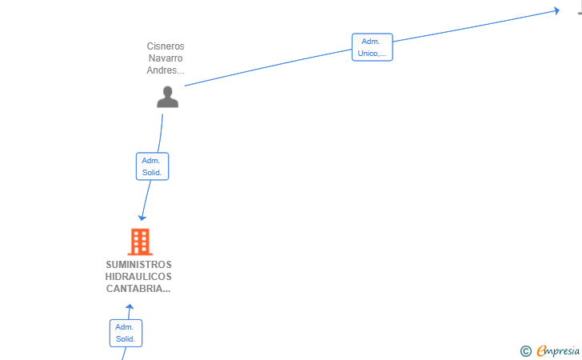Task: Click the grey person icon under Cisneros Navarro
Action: [x=167, y=97]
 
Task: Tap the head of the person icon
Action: [x=167, y=91]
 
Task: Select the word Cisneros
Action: [x=165, y=46]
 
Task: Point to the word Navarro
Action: [x=165, y=58]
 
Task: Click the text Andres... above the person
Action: [x=165, y=70]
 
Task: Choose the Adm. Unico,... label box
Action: [x=373, y=47]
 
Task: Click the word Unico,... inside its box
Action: [x=372, y=53]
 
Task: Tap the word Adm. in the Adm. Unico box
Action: [x=371, y=42]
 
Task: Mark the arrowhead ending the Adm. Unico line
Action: [x=556, y=10]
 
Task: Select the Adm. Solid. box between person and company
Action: [x=152, y=166]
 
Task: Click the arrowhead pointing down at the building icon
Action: [x=142, y=218]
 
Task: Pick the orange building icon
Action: [x=140, y=242]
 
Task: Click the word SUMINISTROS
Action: [x=139, y=265]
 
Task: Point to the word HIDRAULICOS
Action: [x=138, y=277]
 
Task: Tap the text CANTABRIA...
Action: [x=138, y=288]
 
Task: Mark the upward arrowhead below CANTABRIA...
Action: [x=130, y=307]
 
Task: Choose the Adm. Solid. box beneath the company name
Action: [x=126, y=334]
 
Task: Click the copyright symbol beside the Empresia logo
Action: [x=525, y=351]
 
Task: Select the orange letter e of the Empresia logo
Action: [x=541, y=350]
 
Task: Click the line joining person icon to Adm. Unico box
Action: [x=269, y=68]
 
